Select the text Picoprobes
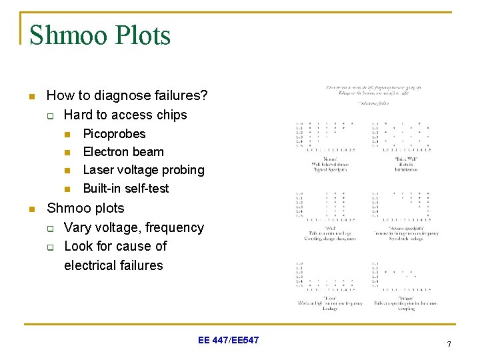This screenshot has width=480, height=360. click(x=114, y=133)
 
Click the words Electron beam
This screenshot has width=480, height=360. click(x=123, y=151)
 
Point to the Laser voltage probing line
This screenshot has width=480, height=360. click(x=143, y=170)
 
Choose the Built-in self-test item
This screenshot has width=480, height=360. click(x=125, y=189)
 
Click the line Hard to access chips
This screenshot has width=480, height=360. click(x=125, y=115)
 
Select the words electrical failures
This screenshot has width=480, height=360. click(x=113, y=265)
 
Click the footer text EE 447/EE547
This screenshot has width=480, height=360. click(x=229, y=341)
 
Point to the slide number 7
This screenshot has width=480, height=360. click(x=449, y=344)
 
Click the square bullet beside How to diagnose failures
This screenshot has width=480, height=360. click(x=31, y=97)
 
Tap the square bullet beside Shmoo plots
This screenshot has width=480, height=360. click(x=31, y=209)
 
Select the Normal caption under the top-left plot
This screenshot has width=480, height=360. click(x=330, y=159)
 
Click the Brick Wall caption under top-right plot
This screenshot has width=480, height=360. click(x=405, y=159)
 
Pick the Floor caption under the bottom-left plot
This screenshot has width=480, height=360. click(x=330, y=298)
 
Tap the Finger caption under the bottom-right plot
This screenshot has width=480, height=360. click(x=405, y=298)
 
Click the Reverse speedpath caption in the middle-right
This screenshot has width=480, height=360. click(x=405, y=228)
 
